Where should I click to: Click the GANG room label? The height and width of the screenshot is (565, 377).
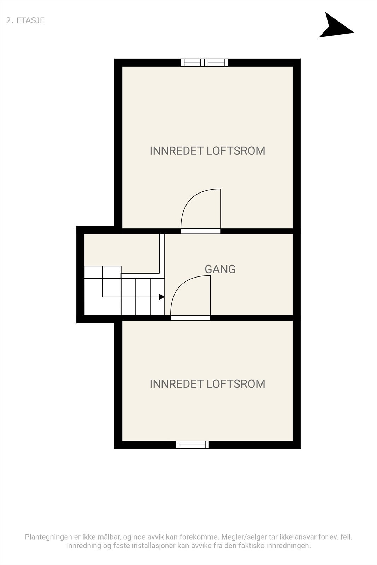220,269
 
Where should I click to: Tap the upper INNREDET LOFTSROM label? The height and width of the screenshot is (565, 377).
207,151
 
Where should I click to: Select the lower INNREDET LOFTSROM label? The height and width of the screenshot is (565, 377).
207,384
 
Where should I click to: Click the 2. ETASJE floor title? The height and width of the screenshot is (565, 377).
25,20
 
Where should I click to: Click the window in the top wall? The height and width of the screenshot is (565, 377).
204,63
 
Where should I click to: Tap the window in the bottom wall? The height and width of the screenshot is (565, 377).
192,445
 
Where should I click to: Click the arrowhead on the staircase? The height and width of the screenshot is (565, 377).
162,297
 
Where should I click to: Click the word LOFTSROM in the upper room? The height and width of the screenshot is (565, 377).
236,151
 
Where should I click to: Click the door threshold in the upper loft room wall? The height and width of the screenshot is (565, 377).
201,231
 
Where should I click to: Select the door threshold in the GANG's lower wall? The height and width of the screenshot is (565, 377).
190,318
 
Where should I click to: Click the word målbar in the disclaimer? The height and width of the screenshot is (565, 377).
108,537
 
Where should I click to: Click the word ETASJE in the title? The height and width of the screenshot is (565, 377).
30,20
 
